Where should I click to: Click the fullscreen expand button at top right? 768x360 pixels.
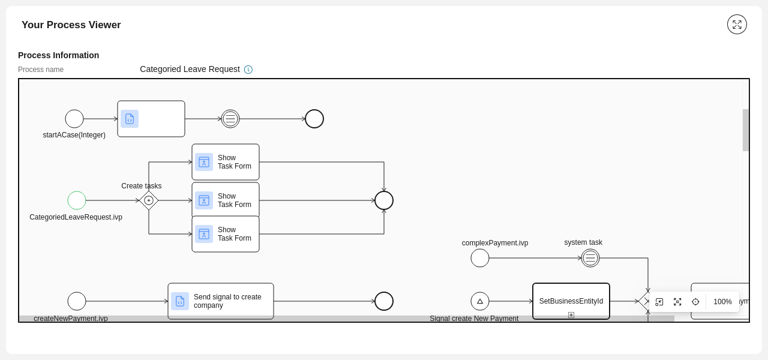click(737, 25)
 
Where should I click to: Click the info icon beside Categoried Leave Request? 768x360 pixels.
click(248, 70)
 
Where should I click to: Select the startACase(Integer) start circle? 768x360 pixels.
click(74, 119)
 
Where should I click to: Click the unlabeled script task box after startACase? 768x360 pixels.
click(151, 119)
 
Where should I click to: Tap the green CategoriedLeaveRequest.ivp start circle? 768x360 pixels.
click(77, 200)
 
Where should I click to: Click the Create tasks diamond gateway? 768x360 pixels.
click(149, 200)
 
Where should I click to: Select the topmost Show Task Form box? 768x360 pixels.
click(226, 162)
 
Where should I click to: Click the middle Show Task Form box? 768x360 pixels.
click(226, 200)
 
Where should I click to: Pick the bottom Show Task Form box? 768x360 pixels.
click(226, 234)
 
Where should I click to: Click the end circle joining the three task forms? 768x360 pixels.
click(384, 200)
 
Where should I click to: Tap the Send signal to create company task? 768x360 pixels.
click(221, 301)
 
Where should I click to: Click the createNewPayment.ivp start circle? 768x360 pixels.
click(77, 301)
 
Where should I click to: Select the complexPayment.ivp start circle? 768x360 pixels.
click(480, 258)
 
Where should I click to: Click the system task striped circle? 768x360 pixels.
click(590, 258)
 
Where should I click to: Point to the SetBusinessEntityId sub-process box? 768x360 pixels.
click(571, 301)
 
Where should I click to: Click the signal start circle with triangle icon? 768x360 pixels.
click(480, 301)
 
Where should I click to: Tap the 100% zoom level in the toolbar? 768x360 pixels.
click(722, 302)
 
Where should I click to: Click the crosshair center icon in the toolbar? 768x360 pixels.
click(695, 302)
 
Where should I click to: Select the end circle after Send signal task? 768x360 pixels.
click(384, 301)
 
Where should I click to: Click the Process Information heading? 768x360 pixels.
click(59, 55)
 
